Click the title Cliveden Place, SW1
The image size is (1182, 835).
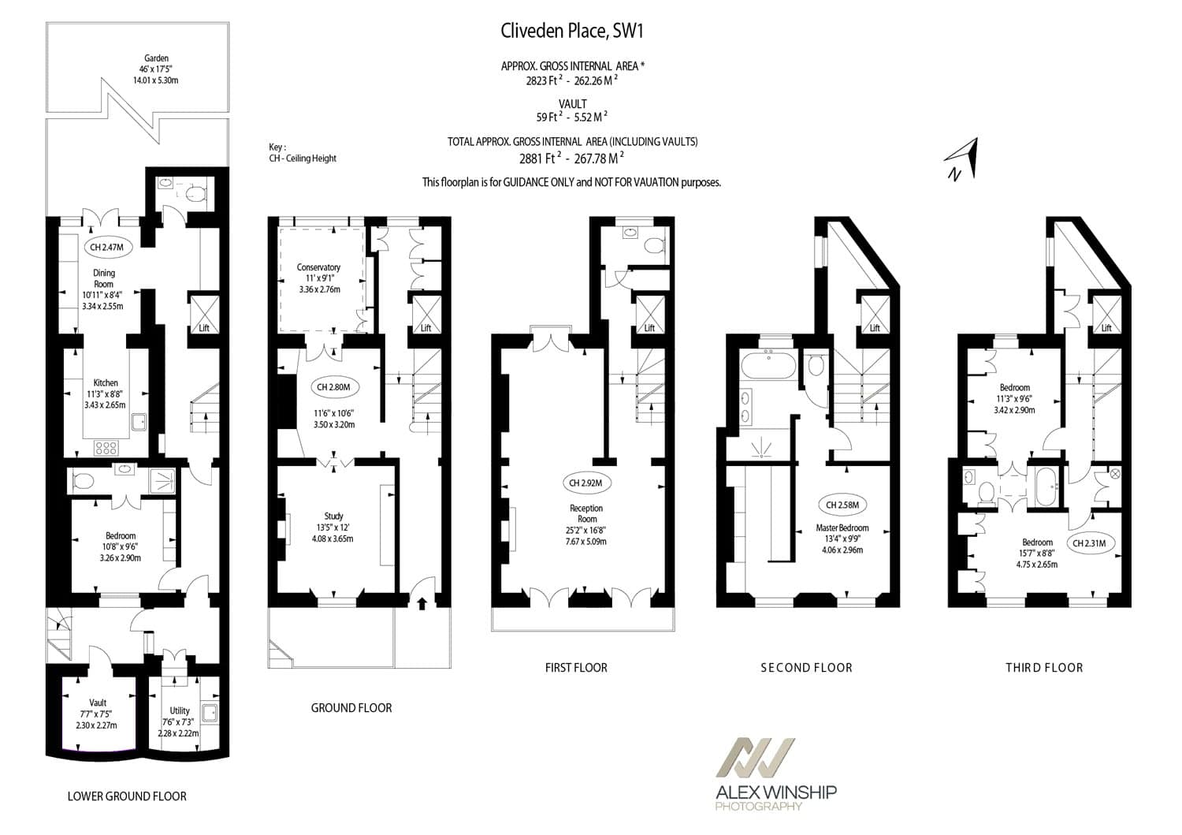pos(572,32)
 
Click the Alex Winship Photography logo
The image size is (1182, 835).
pos(775,773)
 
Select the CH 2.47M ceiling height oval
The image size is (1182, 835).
pos(107,247)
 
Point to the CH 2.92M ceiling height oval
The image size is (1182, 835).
pos(585,483)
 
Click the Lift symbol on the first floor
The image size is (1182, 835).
pos(649,315)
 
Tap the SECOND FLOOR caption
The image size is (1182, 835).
pos(806,668)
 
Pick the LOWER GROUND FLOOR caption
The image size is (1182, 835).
pos(127,796)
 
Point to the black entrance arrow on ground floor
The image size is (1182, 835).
pos(422,603)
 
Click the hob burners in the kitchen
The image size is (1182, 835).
pos(106,449)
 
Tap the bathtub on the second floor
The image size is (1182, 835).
pos(769,366)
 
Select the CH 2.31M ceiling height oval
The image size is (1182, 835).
pos(1090,543)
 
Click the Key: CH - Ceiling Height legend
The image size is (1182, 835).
pos(303,153)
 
